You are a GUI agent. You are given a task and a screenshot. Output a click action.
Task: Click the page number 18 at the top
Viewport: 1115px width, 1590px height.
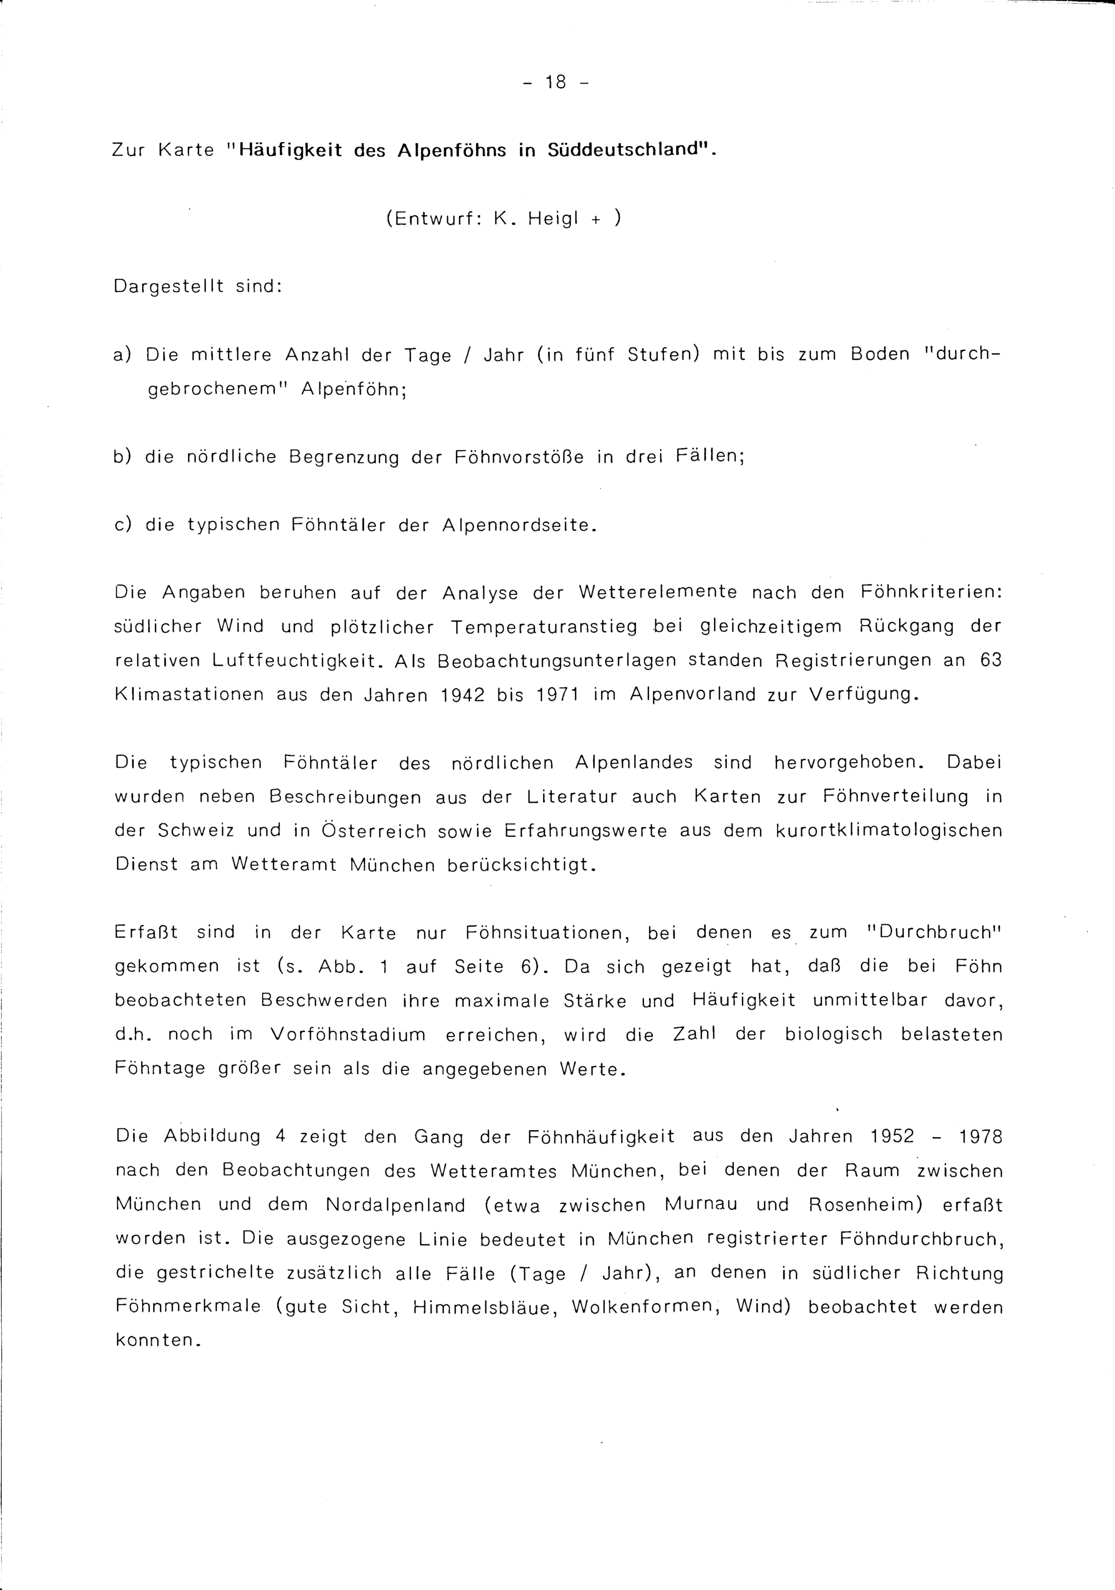click(x=555, y=83)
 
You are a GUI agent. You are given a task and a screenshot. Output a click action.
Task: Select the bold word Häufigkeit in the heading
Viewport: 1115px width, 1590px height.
click(x=290, y=151)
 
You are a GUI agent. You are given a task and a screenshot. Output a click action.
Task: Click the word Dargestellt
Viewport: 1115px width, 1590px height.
click(x=168, y=286)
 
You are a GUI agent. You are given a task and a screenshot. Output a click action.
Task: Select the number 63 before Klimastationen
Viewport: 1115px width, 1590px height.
click(x=991, y=660)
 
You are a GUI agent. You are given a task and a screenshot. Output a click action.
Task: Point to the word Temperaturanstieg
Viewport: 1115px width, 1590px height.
click(x=544, y=627)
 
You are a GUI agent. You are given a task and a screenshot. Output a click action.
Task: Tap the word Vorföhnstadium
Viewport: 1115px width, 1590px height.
click(x=348, y=1035)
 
